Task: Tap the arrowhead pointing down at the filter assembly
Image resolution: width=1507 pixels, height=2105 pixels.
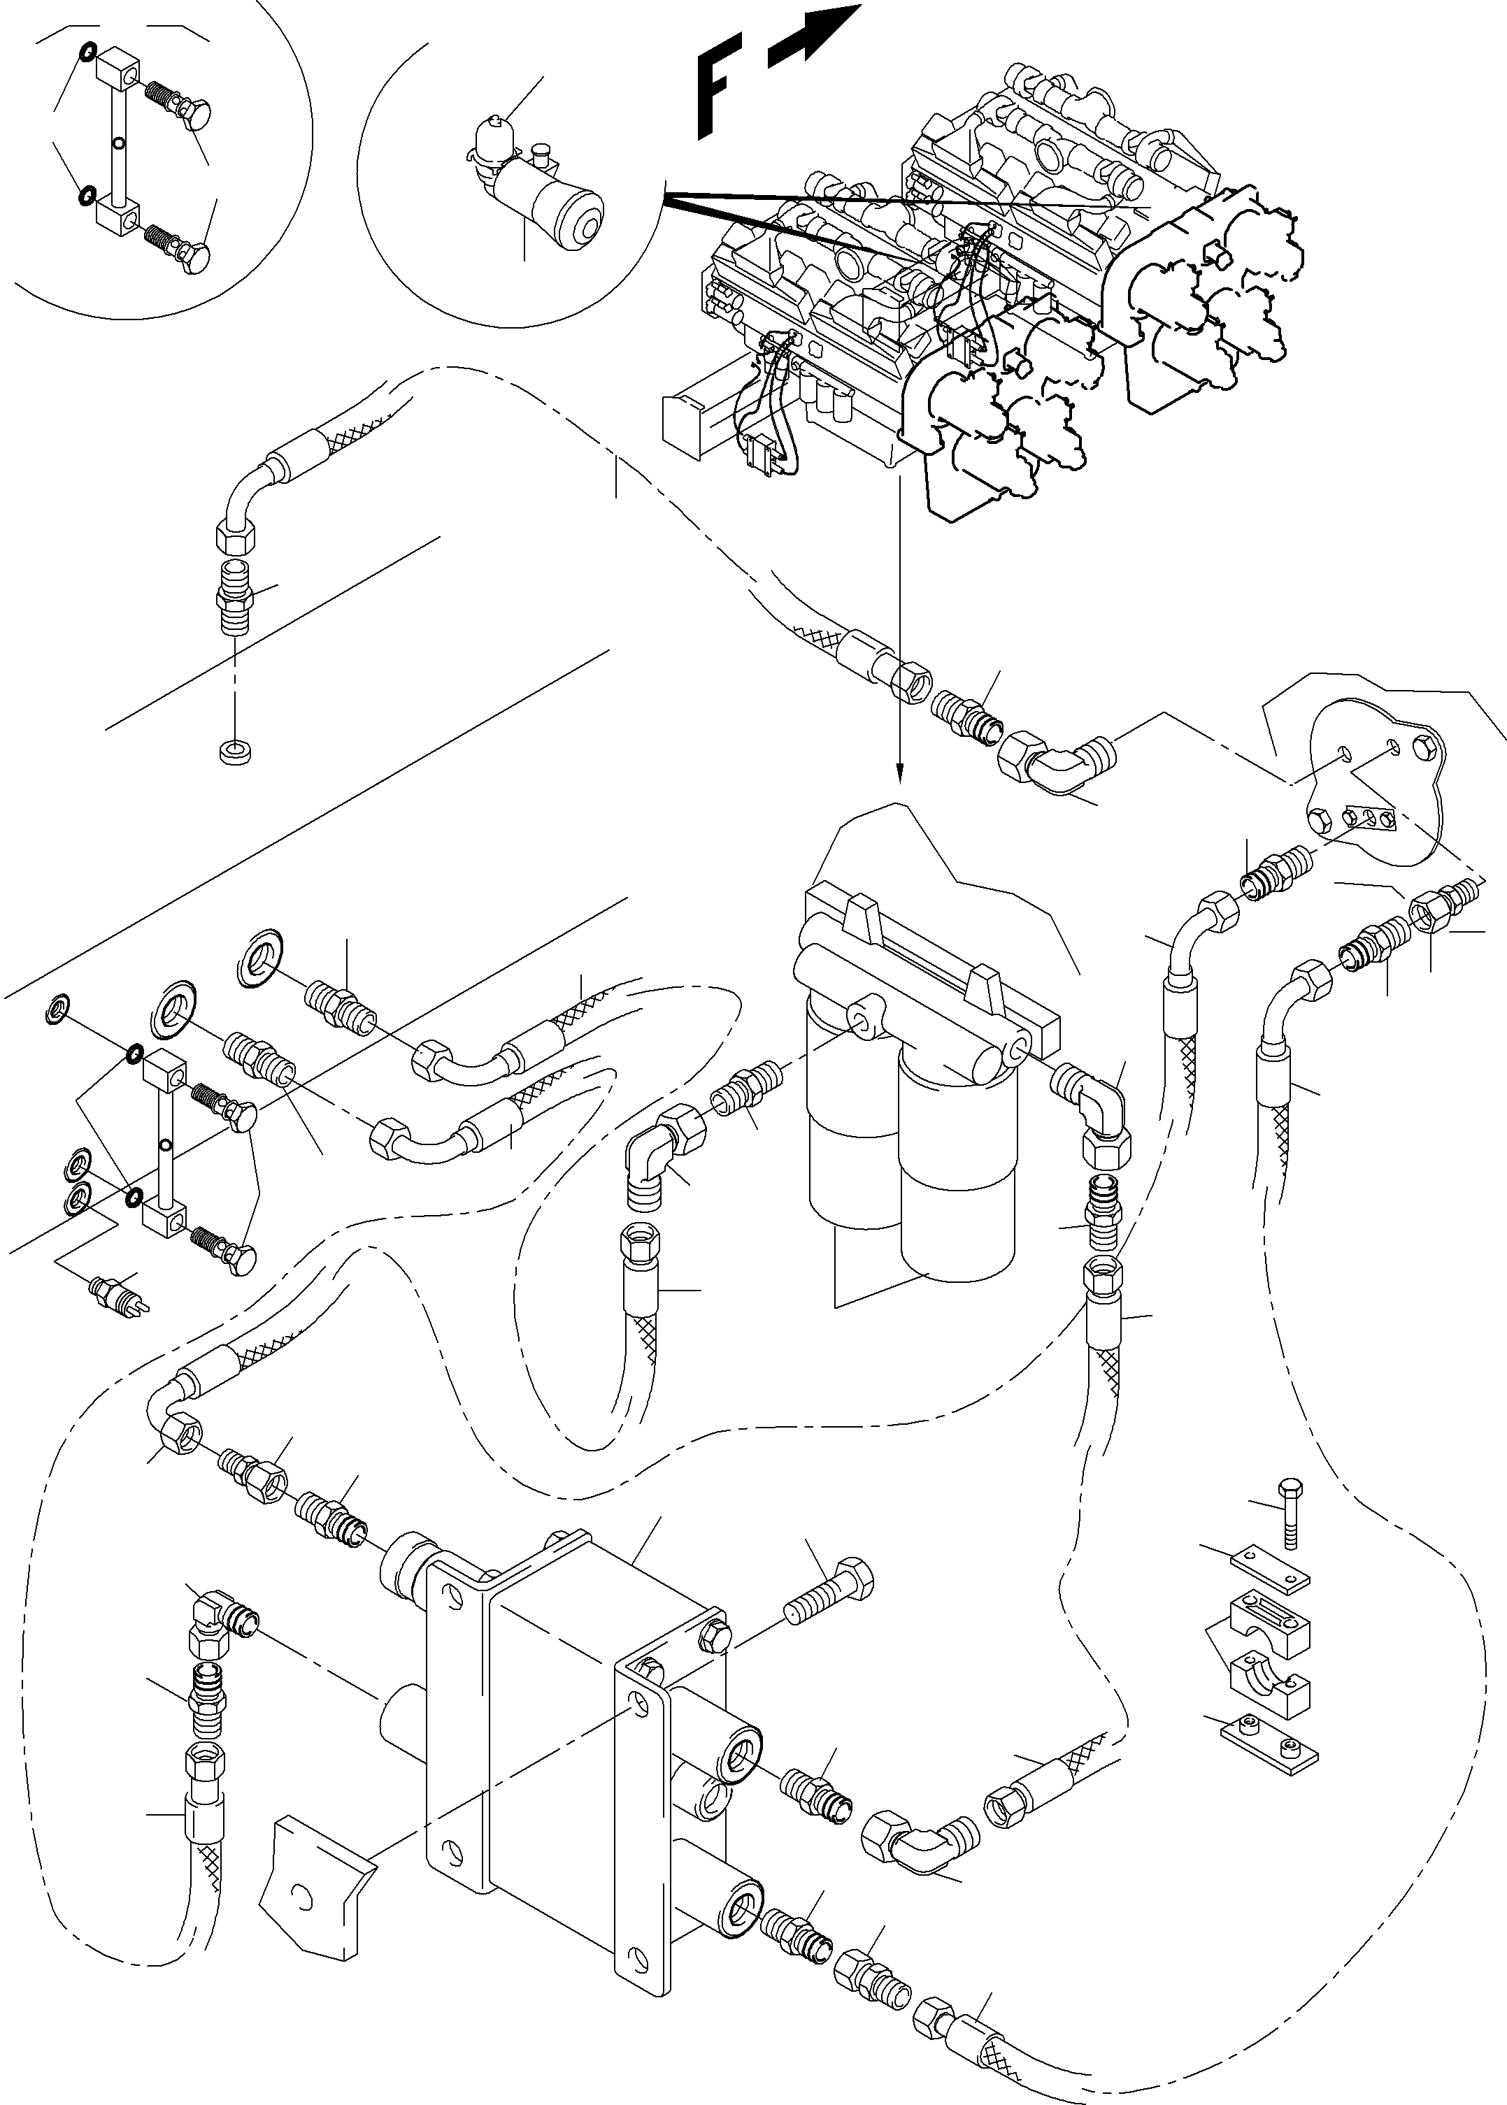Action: [899, 772]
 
